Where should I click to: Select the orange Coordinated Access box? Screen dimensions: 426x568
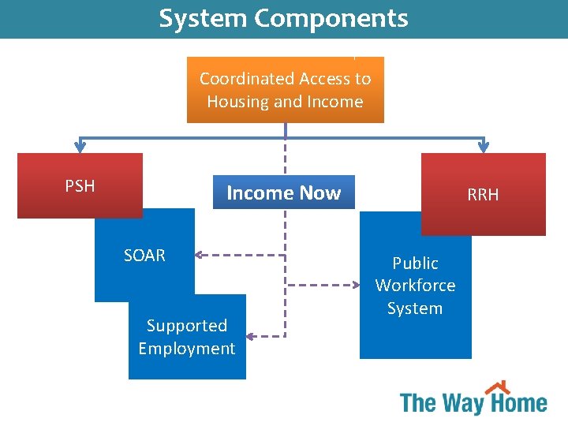pyautogui.click(x=285, y=89)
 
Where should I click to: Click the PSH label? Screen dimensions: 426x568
pyautogui.click(x=80, y=186)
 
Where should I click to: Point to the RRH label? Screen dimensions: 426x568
pyautogui.click(x=483, y=194)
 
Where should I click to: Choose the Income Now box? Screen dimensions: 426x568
pyautogui.click(x=284, y=192)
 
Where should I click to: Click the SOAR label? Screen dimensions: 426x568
pyautogui.click(x=144, y=256)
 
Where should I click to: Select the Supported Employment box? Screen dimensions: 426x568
pyautogui.click(x=187, y=337)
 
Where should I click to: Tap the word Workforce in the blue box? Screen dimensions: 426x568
pyautogui.click(x=415, y=286)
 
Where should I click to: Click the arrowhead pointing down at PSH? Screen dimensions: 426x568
pyautogui.click(x=80, y=147)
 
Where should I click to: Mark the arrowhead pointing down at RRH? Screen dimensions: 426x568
pyautogui.click(x=484, y=147)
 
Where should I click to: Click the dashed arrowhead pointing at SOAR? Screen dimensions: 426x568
pyautogui.click(x=199, y=255)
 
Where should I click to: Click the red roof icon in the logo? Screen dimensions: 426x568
pyautogui.click(x=497, y=387)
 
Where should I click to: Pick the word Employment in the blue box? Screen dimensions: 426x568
pyautogui.click(x=187, y=349)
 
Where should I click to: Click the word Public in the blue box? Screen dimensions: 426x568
pyautogui.click(x=415, y=263)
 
